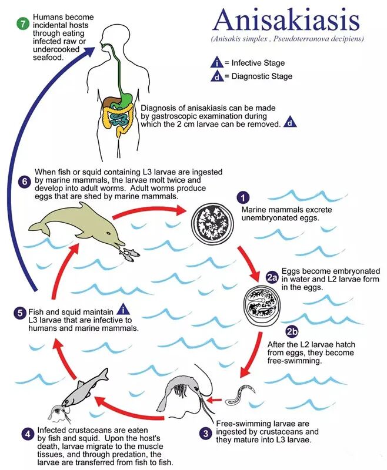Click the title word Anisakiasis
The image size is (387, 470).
(x=286, y=20)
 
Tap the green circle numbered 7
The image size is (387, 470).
(x=23, y=23)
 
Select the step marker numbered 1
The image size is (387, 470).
(x=243, y=197)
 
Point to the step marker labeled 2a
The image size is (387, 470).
(x=272, y=277)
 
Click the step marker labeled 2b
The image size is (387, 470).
(x=292, y=332)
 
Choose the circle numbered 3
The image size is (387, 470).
(x=205, y=434)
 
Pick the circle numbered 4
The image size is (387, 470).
(x=28, y=434)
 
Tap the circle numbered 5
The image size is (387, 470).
(x=20, y=313)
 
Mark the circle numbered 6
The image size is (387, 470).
(x=24, y=182)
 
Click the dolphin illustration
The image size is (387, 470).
(x=76, y=226)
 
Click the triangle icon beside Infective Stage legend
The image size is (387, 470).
(x=216, y=62)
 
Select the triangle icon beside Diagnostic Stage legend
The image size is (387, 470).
(x=216, y=76)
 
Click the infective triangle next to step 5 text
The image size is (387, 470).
(x=123, y=310)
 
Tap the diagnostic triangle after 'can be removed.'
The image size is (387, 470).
(x=289, y=122)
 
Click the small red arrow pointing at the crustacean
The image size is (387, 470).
(x=215, y=399)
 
